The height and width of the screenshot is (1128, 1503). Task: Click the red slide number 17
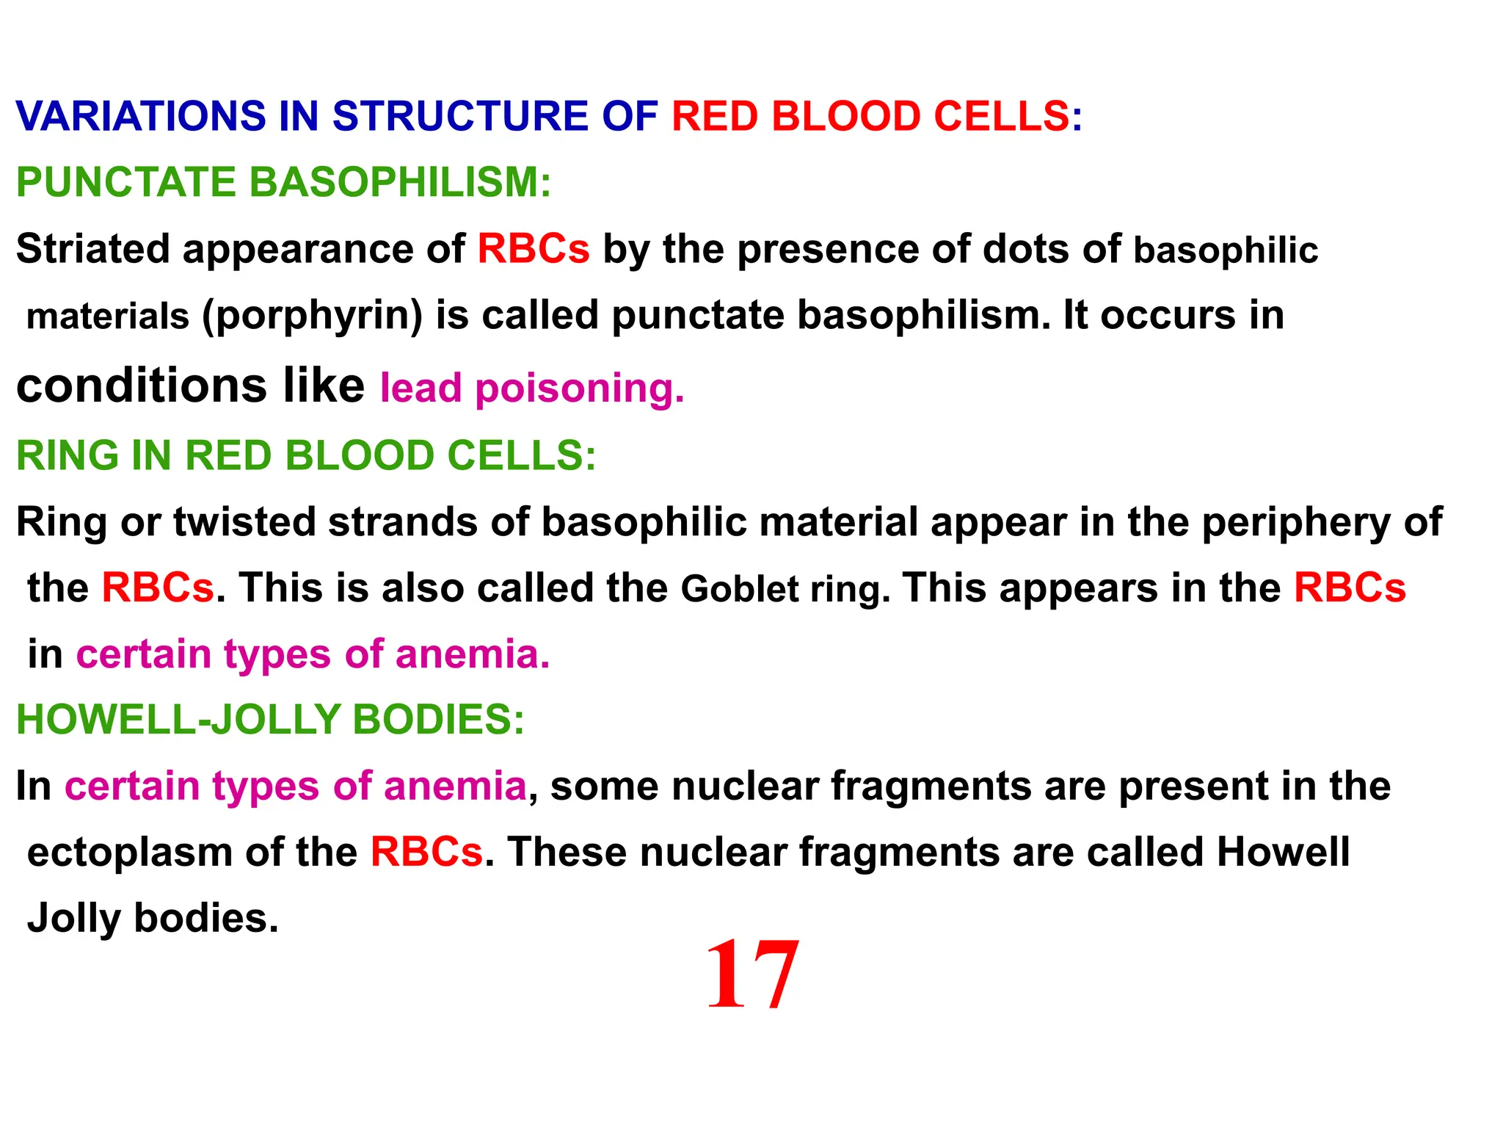pos(751,975)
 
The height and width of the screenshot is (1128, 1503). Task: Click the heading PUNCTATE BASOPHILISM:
pos(283,182)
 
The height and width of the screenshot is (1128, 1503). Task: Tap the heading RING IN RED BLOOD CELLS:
pos(306,455)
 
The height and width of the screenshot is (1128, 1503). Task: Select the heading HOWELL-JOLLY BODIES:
pos(270,719)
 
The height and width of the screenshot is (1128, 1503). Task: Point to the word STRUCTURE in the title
pos(460,116)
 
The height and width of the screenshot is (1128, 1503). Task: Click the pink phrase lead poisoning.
pos(532,388)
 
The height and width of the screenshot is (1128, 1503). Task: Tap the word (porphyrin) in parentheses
pos(313,316)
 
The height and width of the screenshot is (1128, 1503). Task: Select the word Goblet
pos(740,589)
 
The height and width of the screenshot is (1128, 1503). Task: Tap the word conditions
pos(141,386)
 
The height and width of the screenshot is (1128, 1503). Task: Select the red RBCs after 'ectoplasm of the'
pos(426,852)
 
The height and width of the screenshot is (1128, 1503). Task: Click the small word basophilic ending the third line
pos(1226,250)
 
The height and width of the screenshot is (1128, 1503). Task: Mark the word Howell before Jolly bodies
pos(1283,852)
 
